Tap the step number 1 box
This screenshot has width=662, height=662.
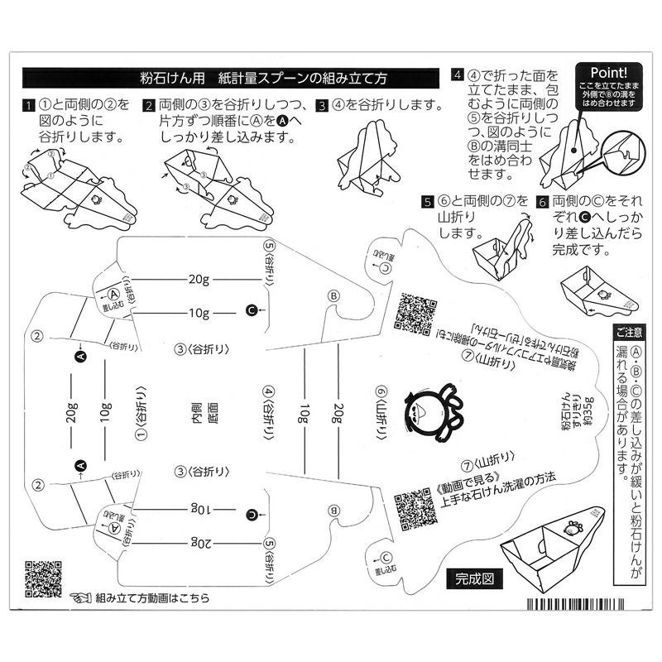coord(28,106)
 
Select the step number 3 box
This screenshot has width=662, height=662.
coord(322,106)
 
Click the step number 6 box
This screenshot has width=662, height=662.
coord(542,202)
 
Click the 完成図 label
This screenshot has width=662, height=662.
coord(474,578)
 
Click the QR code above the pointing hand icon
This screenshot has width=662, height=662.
coord(43,578)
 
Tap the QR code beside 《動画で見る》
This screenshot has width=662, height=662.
coord(414,507)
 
